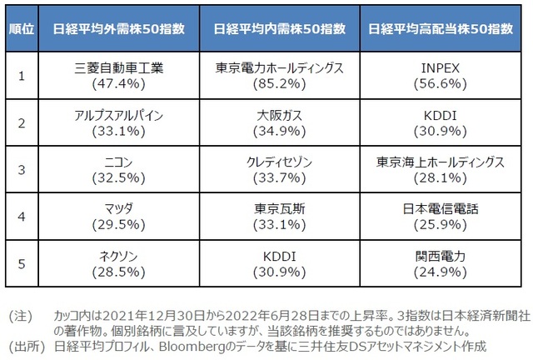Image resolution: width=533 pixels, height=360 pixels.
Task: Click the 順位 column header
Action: [x=20, y=27]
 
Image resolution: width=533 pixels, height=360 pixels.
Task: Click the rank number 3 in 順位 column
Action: [x=20, y=169]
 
